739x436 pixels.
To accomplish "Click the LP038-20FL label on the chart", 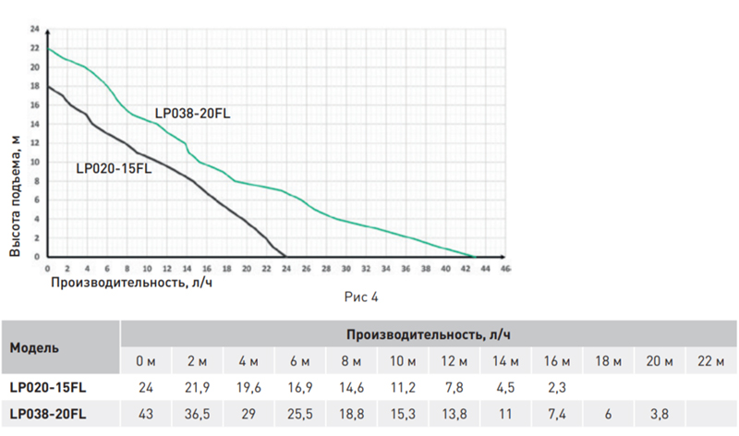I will pyautogui.click(x=193, y=114).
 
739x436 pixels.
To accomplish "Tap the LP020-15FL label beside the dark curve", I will pyautogui.click(x=114, y=169).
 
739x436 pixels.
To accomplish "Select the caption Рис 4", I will pyautogui.click(x=361, y=297).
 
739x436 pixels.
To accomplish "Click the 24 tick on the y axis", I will pyautogui.click(x=34, y=30).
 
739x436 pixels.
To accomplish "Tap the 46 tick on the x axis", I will pyautogui.click(x=504, y=268).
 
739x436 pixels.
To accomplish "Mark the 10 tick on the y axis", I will pyautogui.click(x=34, y=162).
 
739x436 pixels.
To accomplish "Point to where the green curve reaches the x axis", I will pyautogui.click(x=473, y=256).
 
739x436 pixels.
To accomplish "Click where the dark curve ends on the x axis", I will pyautogui.click(x=285, y=256).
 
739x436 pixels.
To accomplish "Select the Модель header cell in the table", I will pyautogui.click(x=35, y=348).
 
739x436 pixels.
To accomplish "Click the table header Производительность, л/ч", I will pyautogui.click(x=430, y=333).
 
